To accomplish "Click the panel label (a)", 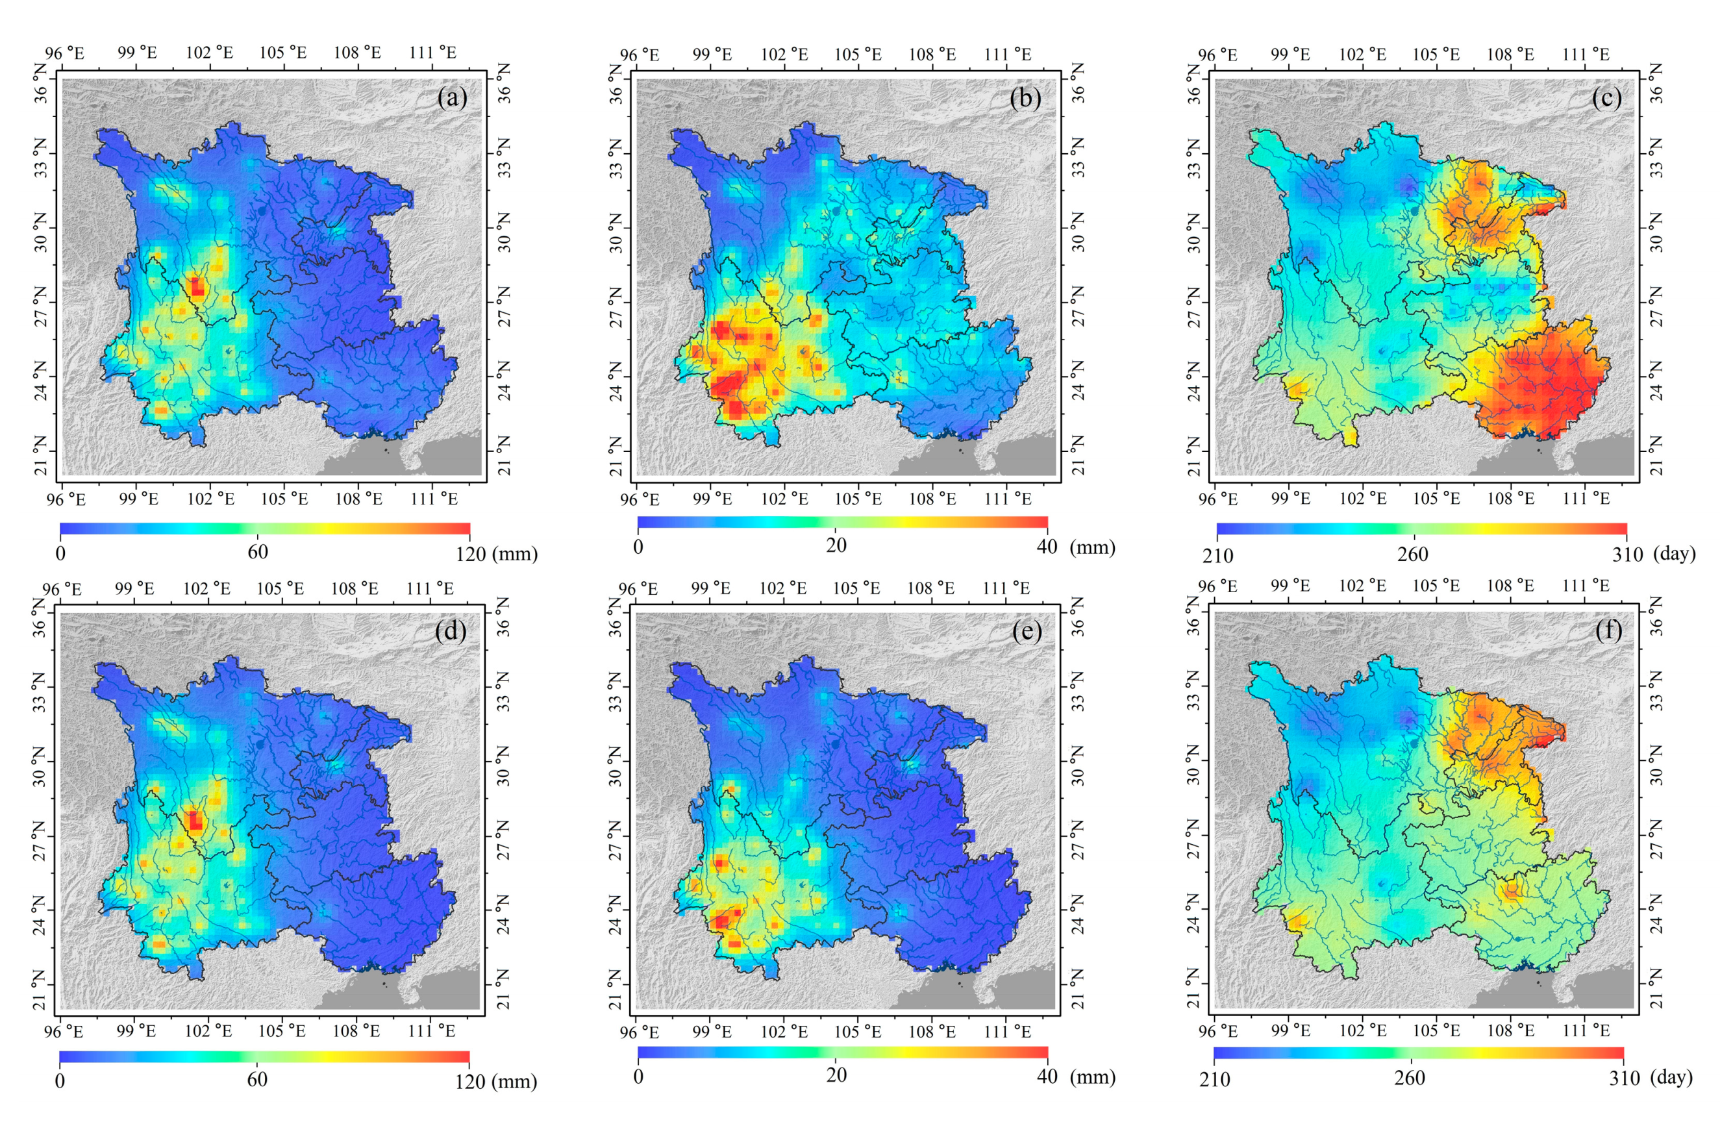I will pyautogui.click(x=453, y=97).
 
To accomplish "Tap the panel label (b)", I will pyautogui.click(x=1025, y=97).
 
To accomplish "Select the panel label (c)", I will pyautogui.click(x=1606, y=97).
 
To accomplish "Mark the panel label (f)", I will pyautogui.click(x=1609, y=630).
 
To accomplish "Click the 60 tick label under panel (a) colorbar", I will pyautogui.click(x=258, y=552).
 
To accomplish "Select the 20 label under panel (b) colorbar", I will pyautogui.click(x=836, y=545).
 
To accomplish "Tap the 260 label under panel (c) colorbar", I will pyautogui.click(x=1412, y=554).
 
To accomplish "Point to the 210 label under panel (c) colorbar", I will pyautogui.click(x=1219, y=556).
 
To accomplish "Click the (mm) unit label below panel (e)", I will pyautogui.click(x=1093, y=1077).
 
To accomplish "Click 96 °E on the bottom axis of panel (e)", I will pyautogui.click(x=639, y=1032).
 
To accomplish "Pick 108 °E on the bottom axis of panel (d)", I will pyautogui.click(x=356, y=1031).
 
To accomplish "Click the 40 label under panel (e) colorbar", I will pyautogui.click(x=1047, y=1077).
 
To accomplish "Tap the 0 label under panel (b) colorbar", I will pyautogui.click(x=638, y=547).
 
